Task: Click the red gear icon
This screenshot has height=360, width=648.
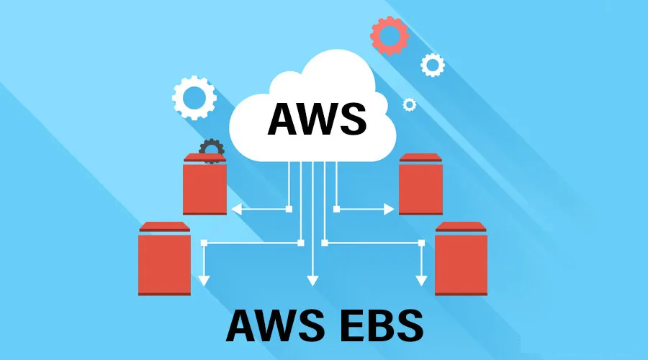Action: tap(390, 35)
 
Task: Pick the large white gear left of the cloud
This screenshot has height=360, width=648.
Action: tap(194, 96)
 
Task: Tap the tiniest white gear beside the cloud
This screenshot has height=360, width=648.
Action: tap(409, 104)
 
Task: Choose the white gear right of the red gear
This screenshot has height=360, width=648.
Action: tap(432, 65)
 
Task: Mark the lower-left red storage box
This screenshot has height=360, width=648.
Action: tap(164, 263)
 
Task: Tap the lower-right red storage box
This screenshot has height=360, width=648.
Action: tap(462, 263)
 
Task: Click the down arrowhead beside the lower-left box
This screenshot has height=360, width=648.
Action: tap(204, 280)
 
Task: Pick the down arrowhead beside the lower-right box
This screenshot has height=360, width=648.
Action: tap(420, 280)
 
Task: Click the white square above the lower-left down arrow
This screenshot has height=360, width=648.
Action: tap(204, 242)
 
